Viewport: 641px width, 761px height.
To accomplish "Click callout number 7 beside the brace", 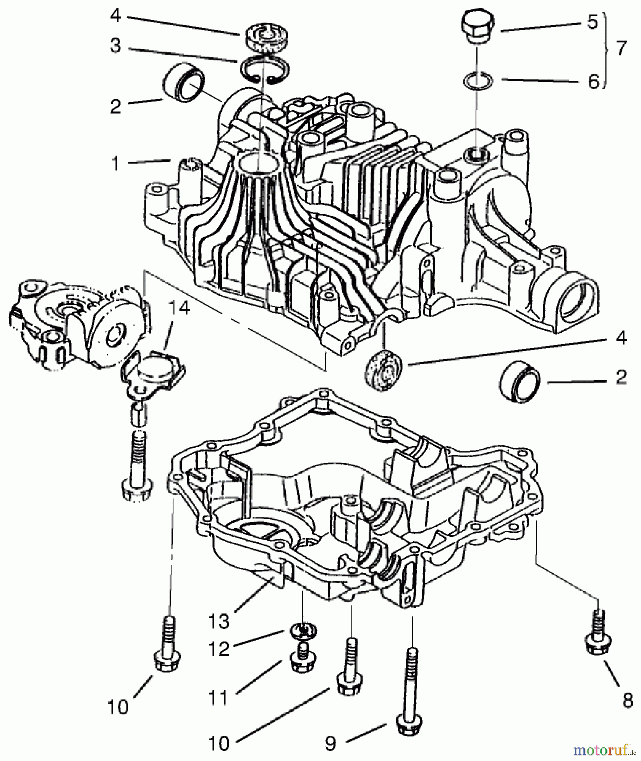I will pyautogui.click(x=621, y=49).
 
